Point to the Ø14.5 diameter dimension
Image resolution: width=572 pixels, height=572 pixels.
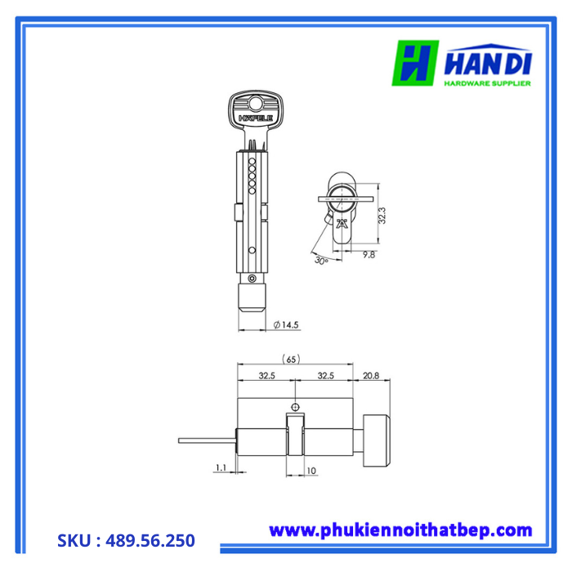click(x=286, y=324)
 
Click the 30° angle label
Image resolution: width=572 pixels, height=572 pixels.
click(x=321, y=261)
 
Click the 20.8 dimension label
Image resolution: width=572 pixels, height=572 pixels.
click(x=369, y=377)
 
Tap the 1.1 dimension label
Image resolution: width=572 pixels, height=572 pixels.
click(x=221, y=468)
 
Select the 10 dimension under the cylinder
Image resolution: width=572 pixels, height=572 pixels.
click(x=311, y=471)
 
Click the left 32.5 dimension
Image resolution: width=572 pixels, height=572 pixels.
click(x=266, y=377)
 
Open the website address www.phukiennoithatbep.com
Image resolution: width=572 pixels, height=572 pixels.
click(x=400, y=530)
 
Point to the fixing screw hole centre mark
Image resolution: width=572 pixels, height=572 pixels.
click(x=295, y=406)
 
